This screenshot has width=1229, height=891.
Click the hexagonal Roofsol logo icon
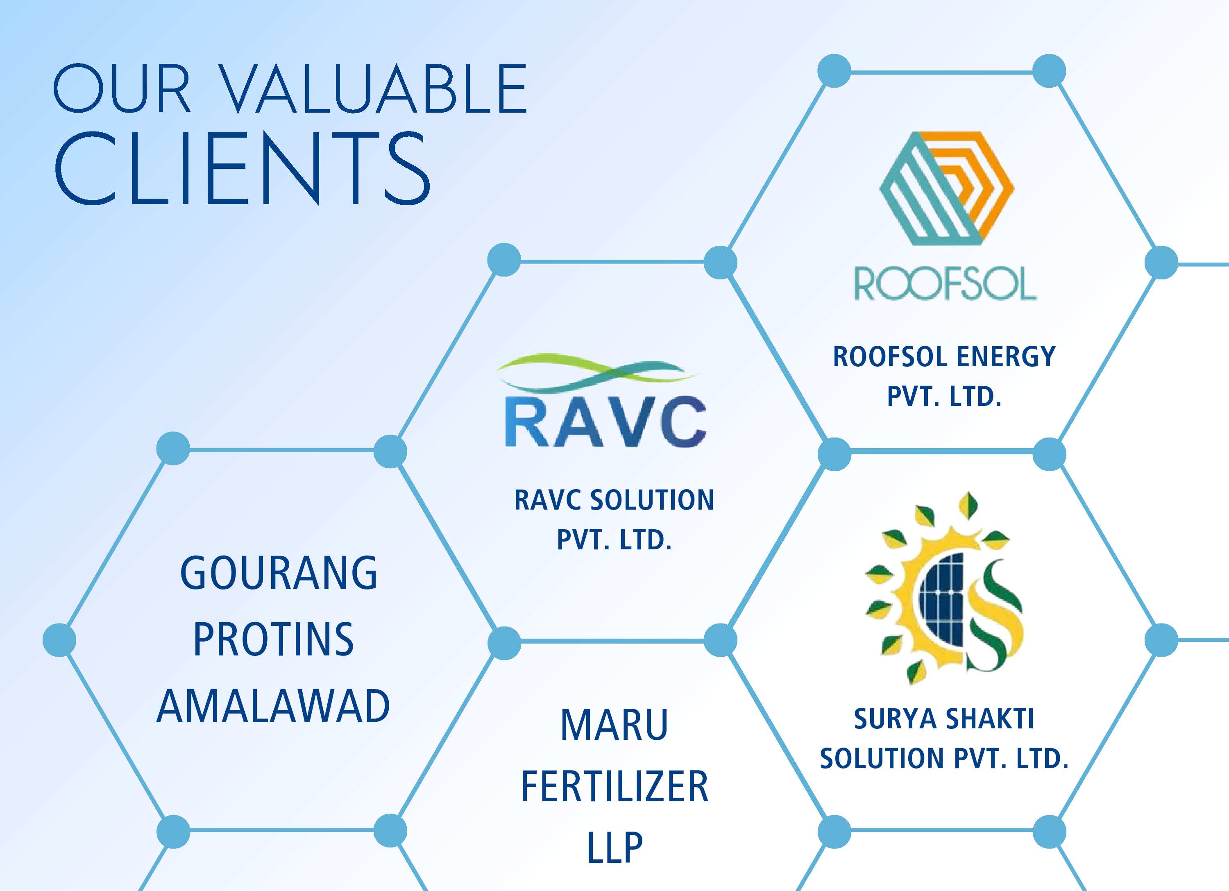click(x=946, y=188)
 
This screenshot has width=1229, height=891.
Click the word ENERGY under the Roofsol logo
click(x=1006, y=357)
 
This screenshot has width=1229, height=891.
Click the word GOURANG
click(x=279, y=573)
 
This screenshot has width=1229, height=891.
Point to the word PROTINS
click(x=274, y=639)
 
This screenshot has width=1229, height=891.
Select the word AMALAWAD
click(x=273, y=706)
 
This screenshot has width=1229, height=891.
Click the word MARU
click(x=614, y=725)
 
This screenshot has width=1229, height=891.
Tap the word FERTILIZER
click(x=614, y=786)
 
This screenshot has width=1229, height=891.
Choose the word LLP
click(x=614, y=847)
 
